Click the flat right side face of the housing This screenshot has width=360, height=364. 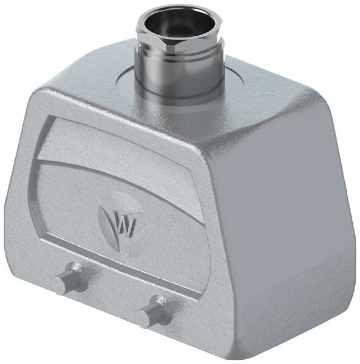tap(285, 200)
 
